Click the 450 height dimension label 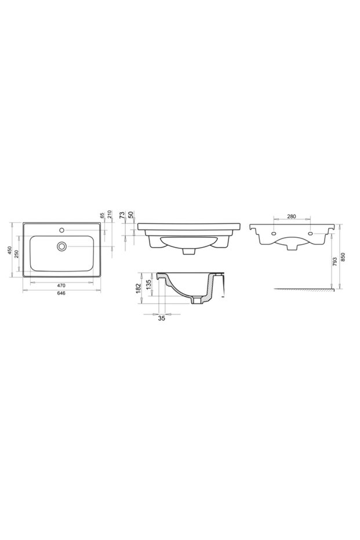click(x=9, y=249)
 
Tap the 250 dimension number click(x=17, y=253)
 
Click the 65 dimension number click(x=102, y=216)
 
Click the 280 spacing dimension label click(x=292, y=217)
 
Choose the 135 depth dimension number click(x=148, y=284)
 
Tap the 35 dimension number click(x=161, y=318)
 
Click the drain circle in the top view click(x=61, y=246)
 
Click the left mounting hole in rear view click(x=272, y=234)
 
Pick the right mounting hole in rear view click(x=311, y=234)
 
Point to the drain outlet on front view click(x=188, y=252)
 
